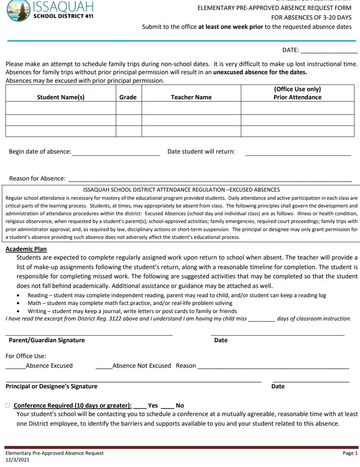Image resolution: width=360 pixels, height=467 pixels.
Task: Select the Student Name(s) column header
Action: pos(60,97)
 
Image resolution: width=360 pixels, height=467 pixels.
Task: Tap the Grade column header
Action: pos(128,97)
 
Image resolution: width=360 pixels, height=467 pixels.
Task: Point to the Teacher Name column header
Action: pos(191,97)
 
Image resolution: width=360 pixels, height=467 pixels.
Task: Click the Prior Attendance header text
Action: pos(297,97)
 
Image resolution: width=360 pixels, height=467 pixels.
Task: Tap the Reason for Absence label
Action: pos(37,178)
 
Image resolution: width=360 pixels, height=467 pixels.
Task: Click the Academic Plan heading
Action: pos(26,249)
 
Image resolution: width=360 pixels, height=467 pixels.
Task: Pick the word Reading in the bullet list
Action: pos(38,295)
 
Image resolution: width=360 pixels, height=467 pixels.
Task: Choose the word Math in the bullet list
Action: pos(34,303)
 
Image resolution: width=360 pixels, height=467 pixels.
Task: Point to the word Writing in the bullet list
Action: pos(37,311)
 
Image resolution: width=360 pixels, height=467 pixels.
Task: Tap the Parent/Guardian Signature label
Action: pos(47,340)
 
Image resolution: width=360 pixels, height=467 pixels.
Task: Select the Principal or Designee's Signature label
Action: pos(51,386)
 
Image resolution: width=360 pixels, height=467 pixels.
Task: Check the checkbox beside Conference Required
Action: pos(8,405)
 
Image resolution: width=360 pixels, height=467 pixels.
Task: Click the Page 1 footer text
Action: pos(350,453)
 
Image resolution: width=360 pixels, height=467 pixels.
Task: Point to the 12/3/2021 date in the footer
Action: pos(17,460)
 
